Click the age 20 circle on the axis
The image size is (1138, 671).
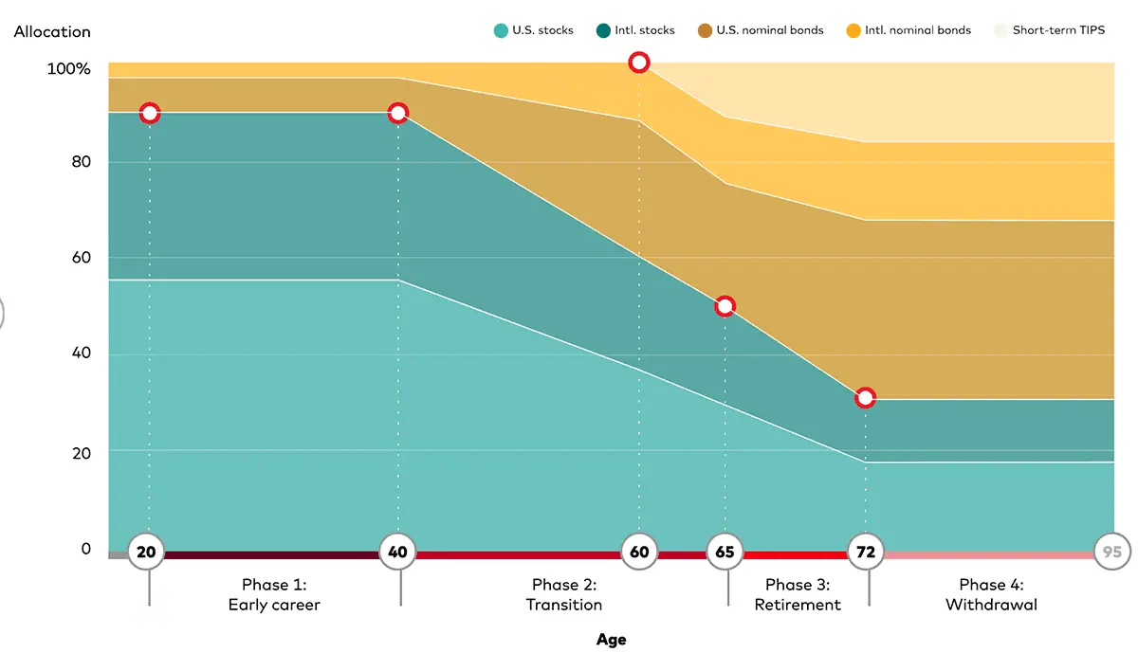click(x=146, y=552)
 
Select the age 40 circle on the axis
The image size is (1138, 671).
click(x=398, y=552)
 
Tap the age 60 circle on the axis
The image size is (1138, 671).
click(x=639, y=552)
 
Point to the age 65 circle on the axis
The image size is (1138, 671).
click(x=725, y=552)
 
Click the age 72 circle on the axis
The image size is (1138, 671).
click(x=865, y=552)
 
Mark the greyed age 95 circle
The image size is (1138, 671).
click(x=1112, y=552)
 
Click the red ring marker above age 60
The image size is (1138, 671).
click(x=639, y=63)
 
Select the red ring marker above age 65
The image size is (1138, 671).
click(x=725, y=306)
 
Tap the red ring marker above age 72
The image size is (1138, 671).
click(x=865, y=398)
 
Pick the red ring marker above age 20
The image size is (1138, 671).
click(x=149, y=114)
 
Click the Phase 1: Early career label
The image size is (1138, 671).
click(x=274, y=595)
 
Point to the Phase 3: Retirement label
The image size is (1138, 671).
click(x=798, y=595)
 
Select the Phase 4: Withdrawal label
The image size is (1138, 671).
click(x=991, y=595)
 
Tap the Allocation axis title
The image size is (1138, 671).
click(x=52, y=31)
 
